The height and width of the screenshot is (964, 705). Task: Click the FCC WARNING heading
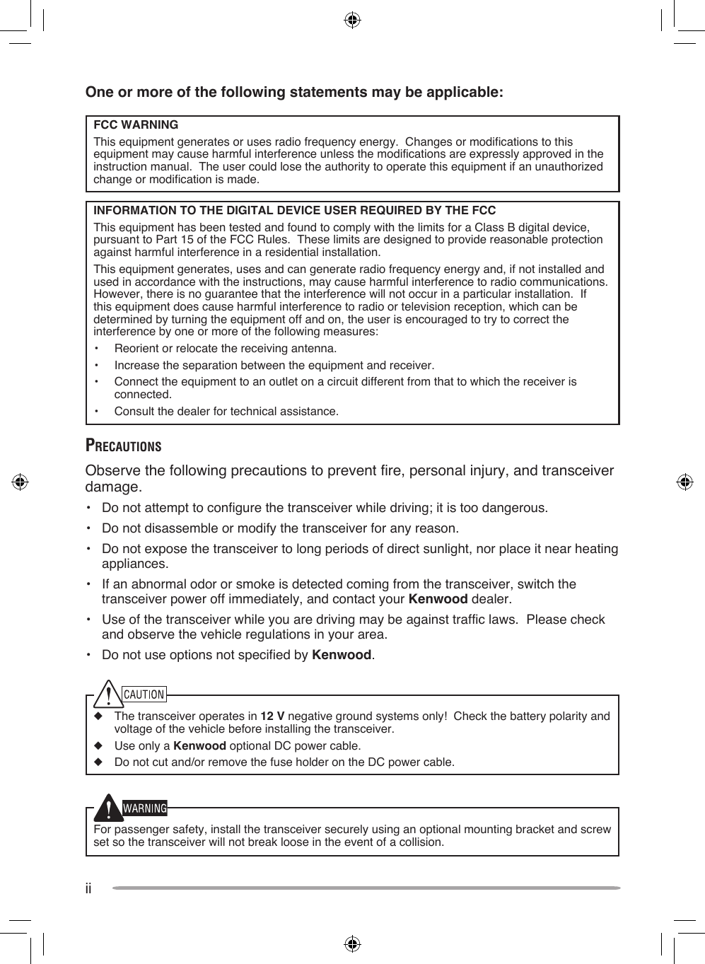[136, 125]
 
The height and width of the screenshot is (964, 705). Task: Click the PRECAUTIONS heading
[123, 446]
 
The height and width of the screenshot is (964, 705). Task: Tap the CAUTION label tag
[144, 695]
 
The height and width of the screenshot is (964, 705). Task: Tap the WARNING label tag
[145, 808]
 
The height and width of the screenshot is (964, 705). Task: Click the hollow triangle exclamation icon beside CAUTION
[107, 694]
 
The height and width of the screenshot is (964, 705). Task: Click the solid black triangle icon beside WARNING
[107, 808]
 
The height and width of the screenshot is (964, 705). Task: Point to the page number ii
[88, 888]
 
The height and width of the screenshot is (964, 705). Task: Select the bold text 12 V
[272, 716]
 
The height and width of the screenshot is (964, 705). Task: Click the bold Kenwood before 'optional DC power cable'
[199, 746]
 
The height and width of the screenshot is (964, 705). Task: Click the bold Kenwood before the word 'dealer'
[438, 599]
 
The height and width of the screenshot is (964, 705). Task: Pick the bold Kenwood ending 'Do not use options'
[342, 655]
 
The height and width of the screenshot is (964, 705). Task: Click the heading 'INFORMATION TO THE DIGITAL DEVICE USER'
[294, 211]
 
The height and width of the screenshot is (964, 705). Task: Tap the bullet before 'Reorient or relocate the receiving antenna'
[97, 349]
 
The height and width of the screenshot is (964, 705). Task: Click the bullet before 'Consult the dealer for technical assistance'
[97, 412]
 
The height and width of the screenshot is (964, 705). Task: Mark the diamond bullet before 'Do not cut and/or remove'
[98, 762]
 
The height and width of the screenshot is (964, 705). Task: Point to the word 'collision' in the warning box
[421, 842]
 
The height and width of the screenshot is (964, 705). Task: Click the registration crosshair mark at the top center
[352, 20]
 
